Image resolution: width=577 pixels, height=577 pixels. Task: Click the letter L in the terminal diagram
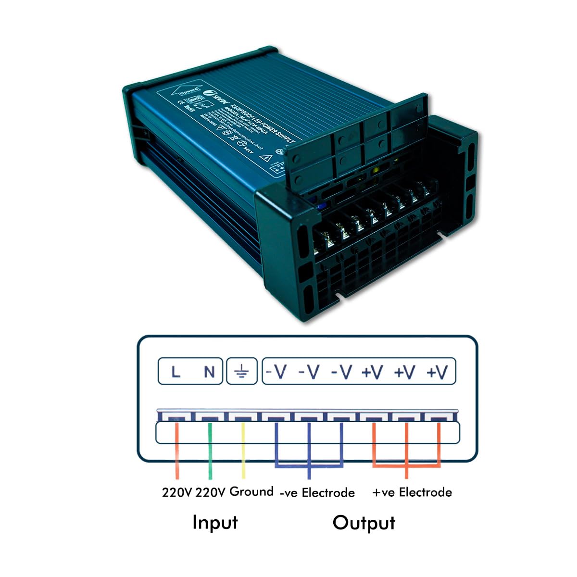(x=176, y=372)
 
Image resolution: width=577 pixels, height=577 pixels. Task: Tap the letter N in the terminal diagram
(x=209, y=372)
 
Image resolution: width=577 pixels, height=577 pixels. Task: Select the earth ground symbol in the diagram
(x=241, y=372)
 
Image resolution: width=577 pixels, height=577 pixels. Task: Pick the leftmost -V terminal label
(x=277, y=372)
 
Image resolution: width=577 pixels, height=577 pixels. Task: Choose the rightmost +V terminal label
(x=437, y=372)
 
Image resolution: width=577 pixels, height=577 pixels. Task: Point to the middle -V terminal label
(x=309, y=372)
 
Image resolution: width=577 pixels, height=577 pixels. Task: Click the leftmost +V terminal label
(x=372, y=372)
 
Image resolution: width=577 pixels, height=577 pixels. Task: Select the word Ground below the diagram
(x=251, y=491)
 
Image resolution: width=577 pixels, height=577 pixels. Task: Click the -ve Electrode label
(x=317, y=492)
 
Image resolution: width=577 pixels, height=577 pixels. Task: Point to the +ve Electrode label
(x=412, y=492)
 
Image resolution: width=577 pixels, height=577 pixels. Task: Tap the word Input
(x=215, y=522)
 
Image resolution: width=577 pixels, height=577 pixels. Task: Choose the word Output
(x=364, y=523)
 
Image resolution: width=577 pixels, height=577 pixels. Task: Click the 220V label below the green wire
(x=211, y=492)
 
